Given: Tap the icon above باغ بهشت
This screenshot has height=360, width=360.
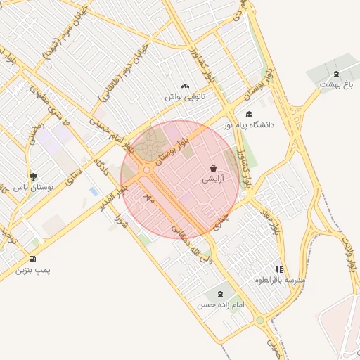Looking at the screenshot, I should (335, 74).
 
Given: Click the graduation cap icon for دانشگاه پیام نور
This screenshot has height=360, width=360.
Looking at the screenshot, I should (248, 114).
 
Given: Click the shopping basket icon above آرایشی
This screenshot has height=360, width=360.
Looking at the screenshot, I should (213, 169).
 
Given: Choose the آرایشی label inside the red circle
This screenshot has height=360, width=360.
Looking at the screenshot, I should (214, 179).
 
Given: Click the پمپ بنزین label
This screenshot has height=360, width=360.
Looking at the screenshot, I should (34, 269).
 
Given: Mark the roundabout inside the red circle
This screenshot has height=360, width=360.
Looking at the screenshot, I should (146, 170).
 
